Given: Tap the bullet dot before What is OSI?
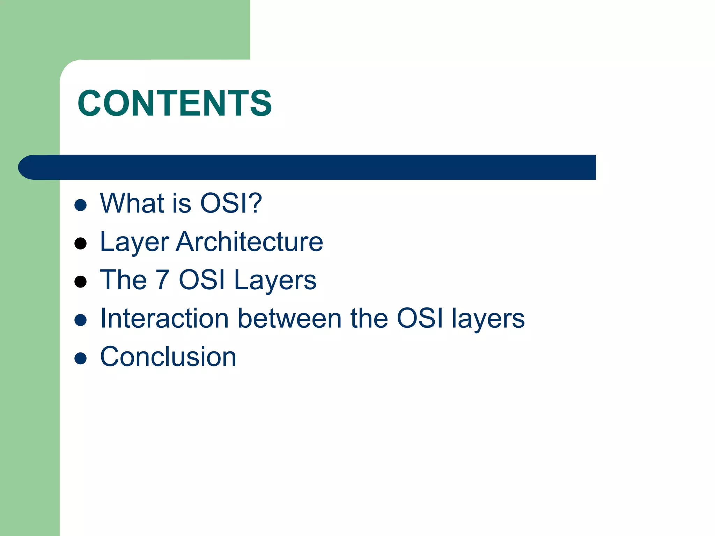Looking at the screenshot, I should pos(81,205).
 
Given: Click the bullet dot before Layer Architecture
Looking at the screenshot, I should pos(81,243).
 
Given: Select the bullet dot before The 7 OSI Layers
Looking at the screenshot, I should pos(81,281).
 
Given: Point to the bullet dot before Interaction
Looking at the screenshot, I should pos(81,320).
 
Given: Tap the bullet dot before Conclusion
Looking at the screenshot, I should pos(81,358).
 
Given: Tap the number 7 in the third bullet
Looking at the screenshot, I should pos(163,280).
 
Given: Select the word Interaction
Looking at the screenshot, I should pos(164,318).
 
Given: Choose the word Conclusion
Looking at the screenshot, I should pos(168,357).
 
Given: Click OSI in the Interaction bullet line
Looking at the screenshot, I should pos(420,318).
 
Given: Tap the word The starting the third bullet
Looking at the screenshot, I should pos(123,280).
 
